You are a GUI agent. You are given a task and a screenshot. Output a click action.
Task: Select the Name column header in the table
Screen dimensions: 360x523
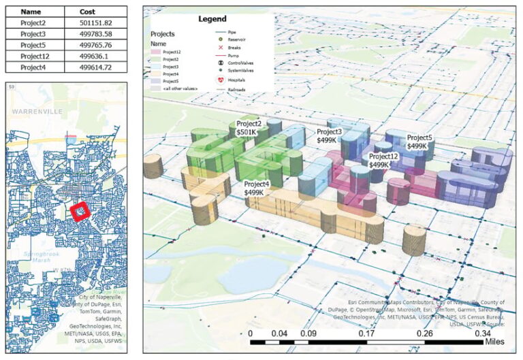point(31,12)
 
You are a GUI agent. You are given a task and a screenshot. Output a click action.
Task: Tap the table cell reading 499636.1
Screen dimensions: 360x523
point(95,56)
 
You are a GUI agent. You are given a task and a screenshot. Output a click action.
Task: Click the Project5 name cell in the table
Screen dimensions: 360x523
point(33,45)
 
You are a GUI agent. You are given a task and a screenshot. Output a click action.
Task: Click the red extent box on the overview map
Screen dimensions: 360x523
point(81,212)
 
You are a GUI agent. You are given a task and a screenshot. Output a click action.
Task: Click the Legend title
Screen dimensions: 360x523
point(212,20)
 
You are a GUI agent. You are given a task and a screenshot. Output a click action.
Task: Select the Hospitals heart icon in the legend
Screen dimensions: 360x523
point(220,80)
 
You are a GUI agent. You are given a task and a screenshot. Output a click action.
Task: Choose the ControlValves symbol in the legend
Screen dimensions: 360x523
point(220,62)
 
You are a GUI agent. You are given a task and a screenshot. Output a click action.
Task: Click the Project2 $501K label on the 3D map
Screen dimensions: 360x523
point(249,129)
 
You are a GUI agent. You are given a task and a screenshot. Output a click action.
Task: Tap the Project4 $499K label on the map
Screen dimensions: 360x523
point(257,189)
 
